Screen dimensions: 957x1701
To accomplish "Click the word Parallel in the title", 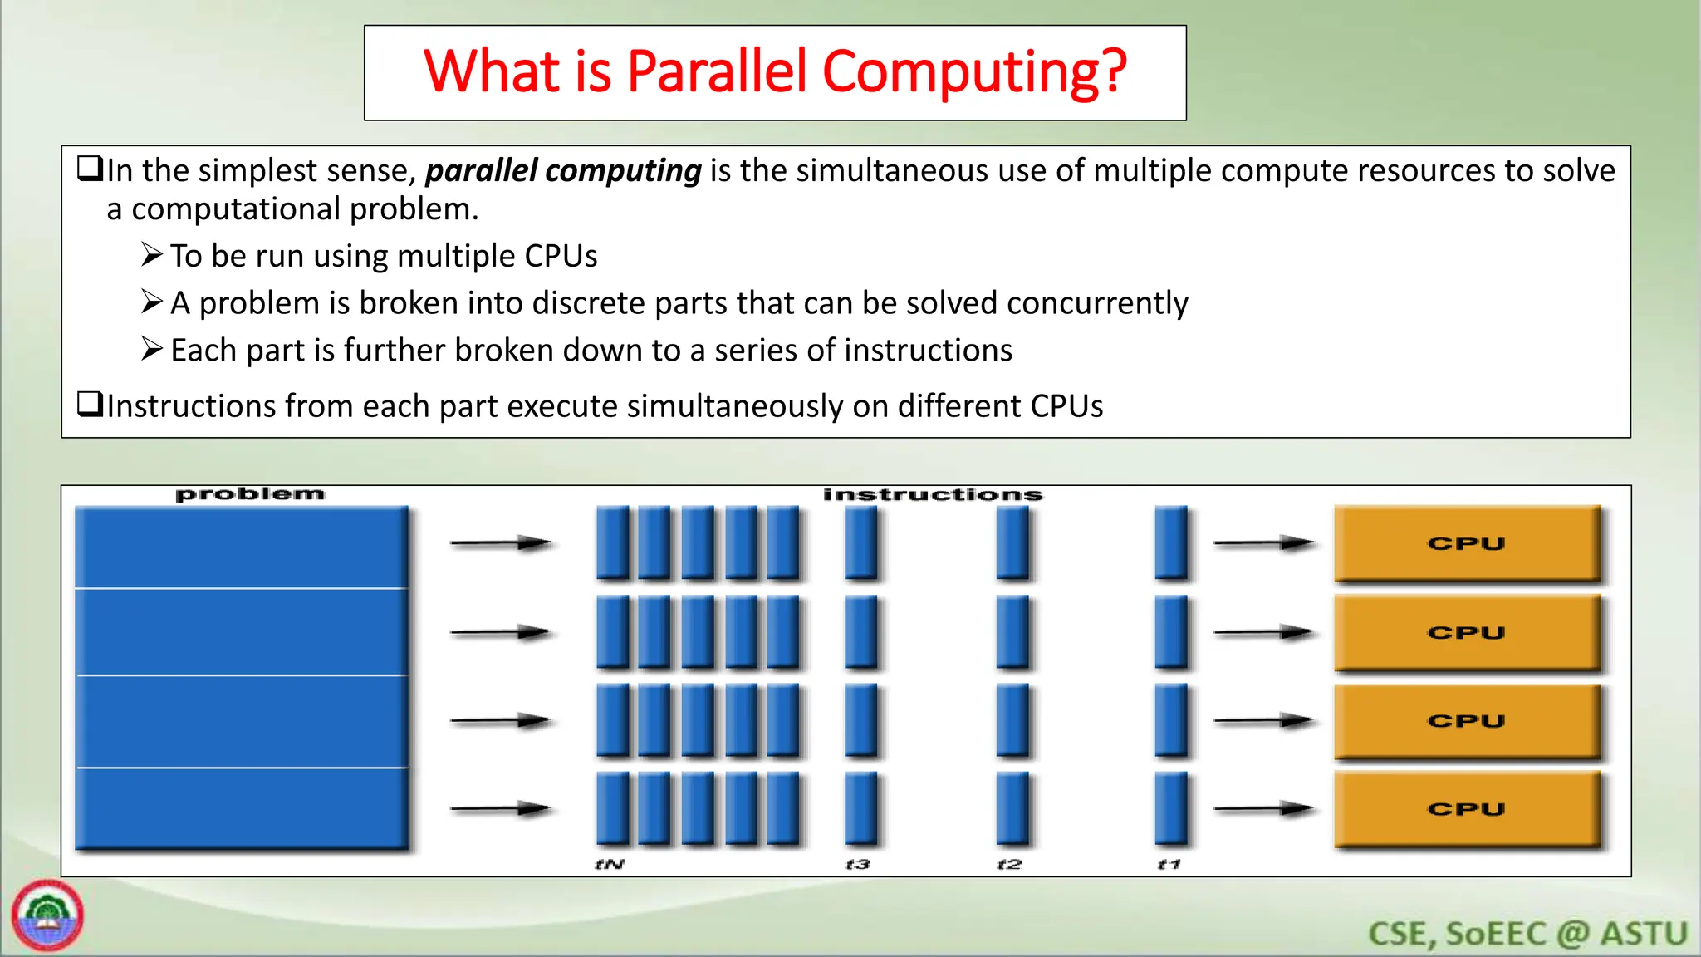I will pos(716,71).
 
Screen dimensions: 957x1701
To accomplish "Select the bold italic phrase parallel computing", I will pos(563,170).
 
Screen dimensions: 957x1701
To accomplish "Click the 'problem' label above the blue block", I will pos(249,494).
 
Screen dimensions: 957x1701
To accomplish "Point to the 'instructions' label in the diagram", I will pos(933,495).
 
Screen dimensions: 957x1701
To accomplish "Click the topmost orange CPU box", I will pos(1467,543).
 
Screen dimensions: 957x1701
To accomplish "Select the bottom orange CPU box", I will pos(1467,809).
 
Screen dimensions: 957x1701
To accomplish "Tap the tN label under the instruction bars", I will pos(610,864).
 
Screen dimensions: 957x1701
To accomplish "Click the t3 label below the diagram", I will pos(858,864).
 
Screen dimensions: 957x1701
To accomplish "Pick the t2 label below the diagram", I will pos(1009,864).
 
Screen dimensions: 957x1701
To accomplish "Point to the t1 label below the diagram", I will pos(1169,864).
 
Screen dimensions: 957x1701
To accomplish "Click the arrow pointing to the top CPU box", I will pos(1263,543).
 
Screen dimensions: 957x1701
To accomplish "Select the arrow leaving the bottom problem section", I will pos(501,808).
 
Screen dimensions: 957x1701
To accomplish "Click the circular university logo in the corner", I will pos(47,915).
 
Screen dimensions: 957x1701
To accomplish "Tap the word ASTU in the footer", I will pos(1644,934).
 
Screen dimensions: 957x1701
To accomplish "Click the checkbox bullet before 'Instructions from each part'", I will pos(89,404).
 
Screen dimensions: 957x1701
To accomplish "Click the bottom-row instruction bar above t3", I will pos(860,808).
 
